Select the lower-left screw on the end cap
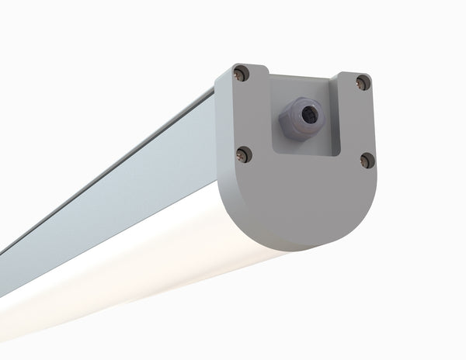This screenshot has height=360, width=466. click(x=245, y=154)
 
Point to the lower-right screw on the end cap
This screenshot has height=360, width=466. click(x=367, y=161)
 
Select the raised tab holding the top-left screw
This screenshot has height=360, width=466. click(x=247, y=78)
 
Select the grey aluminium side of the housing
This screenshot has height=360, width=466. click(x=116, y=178)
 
